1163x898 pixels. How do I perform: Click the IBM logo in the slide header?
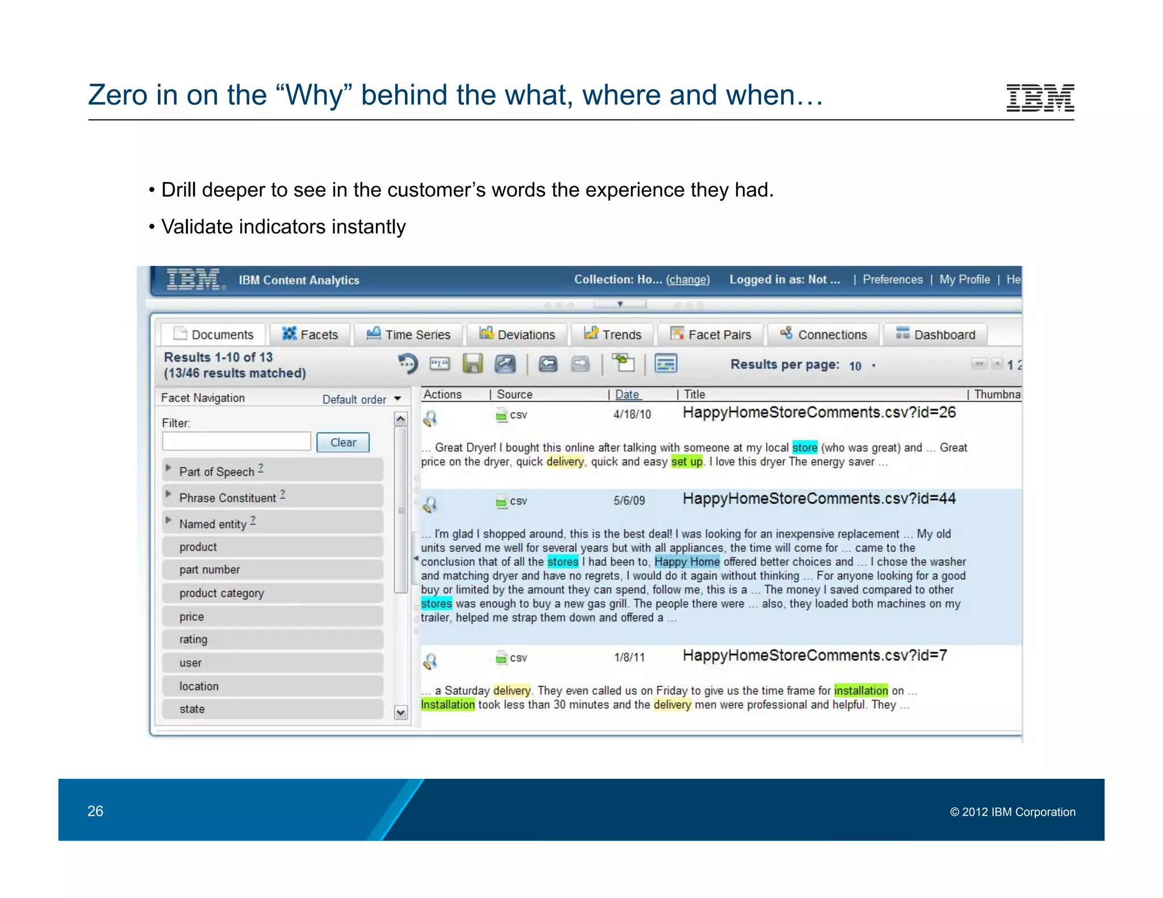1039,98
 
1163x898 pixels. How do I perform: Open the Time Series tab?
408,334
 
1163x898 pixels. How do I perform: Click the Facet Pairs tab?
711,334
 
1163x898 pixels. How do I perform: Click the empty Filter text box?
236,442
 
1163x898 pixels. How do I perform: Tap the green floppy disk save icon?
472,364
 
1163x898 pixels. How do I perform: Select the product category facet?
221,593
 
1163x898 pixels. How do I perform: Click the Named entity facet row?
213,523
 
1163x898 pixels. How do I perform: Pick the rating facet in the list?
193,639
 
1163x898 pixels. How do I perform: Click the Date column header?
627,395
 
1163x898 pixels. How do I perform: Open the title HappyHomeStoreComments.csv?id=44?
818,499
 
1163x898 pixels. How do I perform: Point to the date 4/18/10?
632,414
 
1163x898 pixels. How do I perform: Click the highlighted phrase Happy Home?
687,562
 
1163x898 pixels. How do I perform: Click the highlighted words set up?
687,461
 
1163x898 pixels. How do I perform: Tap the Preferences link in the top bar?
892,279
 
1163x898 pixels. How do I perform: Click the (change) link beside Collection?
688,279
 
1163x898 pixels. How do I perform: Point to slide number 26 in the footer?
95,811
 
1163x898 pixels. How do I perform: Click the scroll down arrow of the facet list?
401,712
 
